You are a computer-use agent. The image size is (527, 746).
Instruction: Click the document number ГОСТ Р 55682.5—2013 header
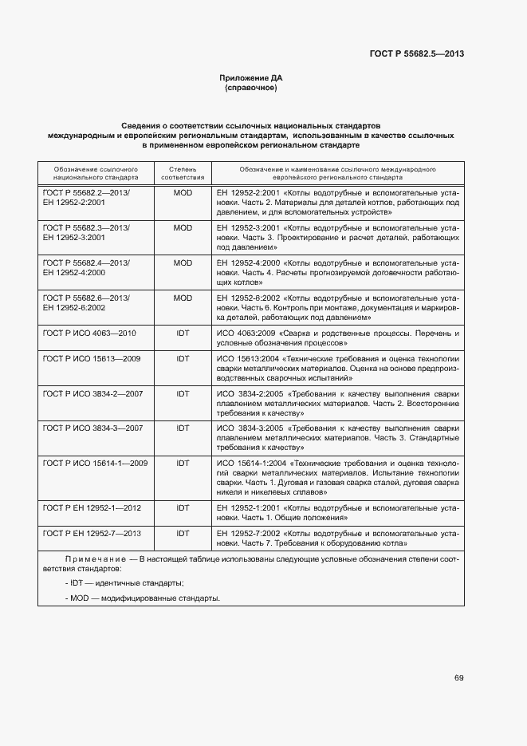click(417, 54)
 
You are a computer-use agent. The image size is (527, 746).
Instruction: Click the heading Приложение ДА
click(251, 77)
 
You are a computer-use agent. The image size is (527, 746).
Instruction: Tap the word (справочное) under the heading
click(251, 88)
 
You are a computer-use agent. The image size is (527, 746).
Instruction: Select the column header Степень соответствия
click(183, 174)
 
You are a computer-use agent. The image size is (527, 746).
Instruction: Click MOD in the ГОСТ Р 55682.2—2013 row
click(183, 193)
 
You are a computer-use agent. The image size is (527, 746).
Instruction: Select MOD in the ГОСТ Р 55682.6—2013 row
click(183, 297)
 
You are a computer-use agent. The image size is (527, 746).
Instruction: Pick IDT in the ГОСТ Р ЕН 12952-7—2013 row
click(183, 532)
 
